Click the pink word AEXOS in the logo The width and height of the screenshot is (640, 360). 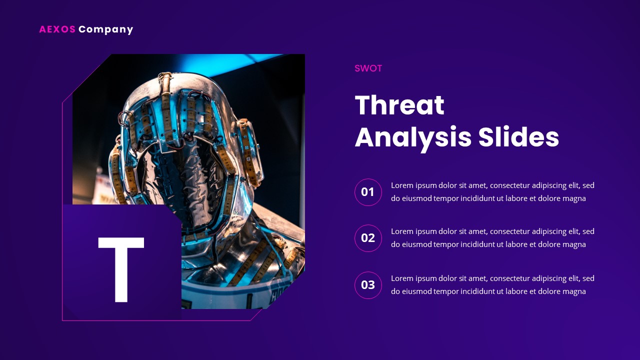57,29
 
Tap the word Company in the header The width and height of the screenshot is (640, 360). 105,29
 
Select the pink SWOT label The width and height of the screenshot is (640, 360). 368,68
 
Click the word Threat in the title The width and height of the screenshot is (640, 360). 399,105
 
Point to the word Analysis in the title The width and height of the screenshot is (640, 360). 412,137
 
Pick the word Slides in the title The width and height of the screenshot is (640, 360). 518,137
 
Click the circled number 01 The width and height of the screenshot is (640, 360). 368,192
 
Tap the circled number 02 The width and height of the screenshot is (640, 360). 368,238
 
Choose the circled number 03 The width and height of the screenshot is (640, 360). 368,285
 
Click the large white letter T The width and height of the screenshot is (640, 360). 121,269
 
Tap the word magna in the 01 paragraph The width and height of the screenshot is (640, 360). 574,198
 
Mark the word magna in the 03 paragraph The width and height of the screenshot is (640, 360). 574,291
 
